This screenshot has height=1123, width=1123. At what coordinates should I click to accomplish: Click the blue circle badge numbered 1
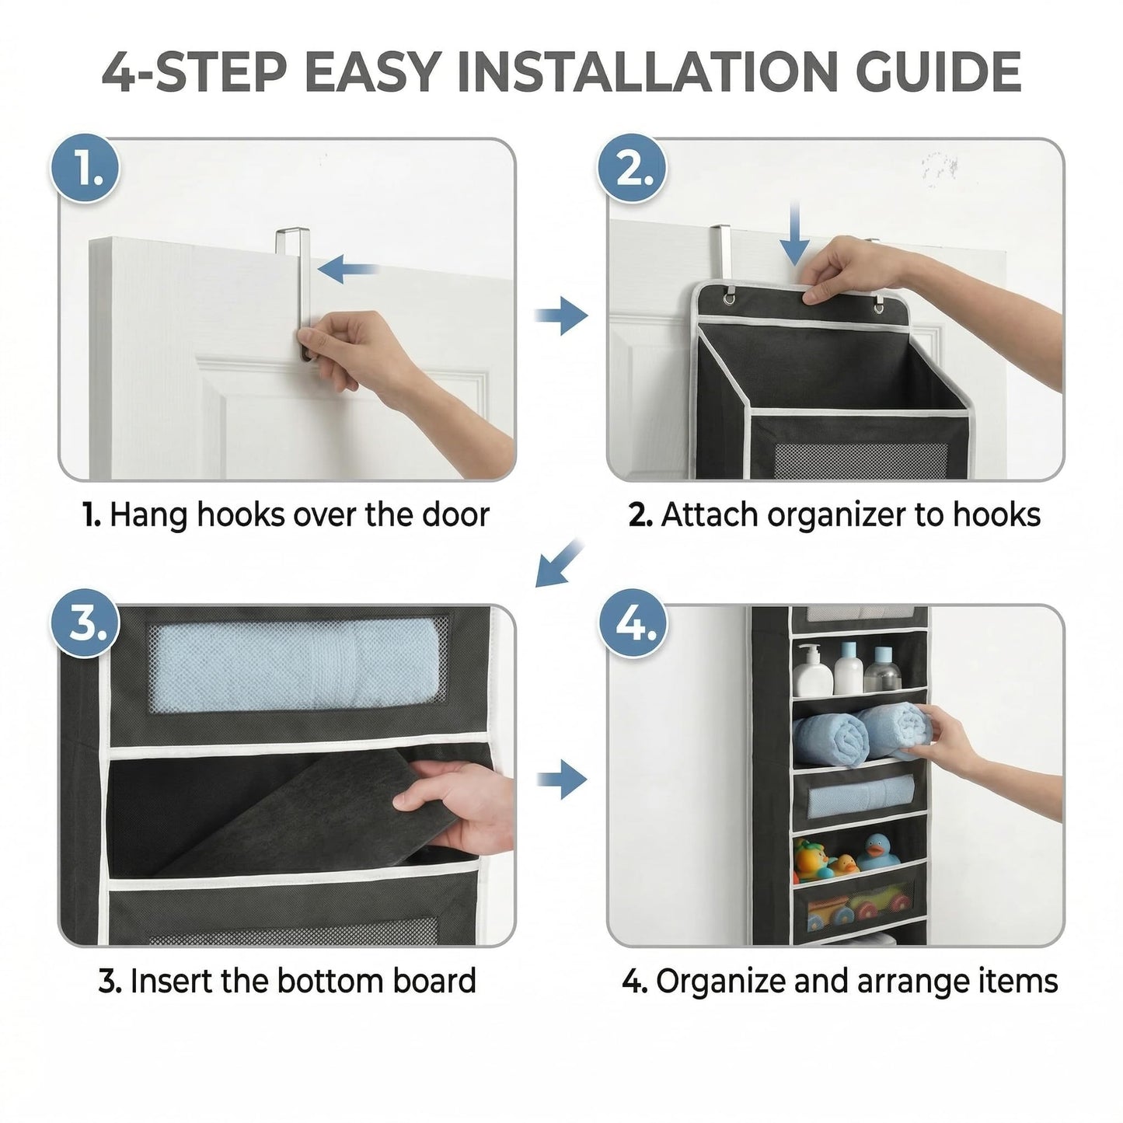click(x=85, y=169)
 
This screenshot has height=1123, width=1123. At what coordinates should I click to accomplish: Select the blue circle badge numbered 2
click(x=632, y=169)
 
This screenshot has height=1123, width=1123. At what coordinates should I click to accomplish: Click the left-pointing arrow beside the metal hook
click(x=348, y=269)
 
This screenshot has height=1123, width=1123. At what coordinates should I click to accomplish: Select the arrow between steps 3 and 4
click(x=562, y=779)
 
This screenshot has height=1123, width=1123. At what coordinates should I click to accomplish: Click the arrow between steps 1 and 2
click(x=561, y=316)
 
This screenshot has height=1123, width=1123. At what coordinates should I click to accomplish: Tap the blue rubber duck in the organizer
click(x=877, y=851)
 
